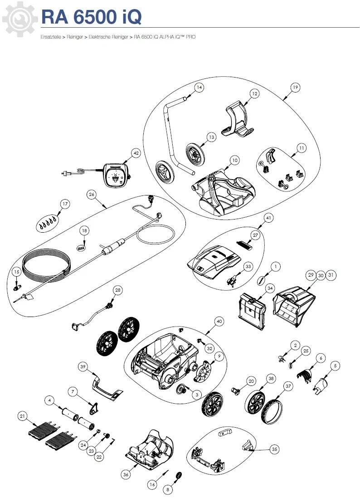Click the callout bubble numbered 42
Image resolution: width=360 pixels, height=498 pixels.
(x=136, y=153)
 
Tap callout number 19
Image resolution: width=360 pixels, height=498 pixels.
(x=295, y=88)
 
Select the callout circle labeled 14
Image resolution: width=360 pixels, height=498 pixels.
(x=199, y=87)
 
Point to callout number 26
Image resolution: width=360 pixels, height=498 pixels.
(x=92, y=195)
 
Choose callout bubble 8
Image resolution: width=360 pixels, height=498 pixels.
(x=168, y=489)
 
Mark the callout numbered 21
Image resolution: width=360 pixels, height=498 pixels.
(x=22, y=415)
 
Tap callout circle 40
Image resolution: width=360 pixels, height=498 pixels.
(x=219, y=322)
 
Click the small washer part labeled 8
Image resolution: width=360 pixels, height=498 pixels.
(x=179, y=476)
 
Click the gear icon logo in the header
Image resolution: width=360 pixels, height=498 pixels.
(x=18, y=18)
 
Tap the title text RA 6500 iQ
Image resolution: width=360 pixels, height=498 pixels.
(x=91, y=17)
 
